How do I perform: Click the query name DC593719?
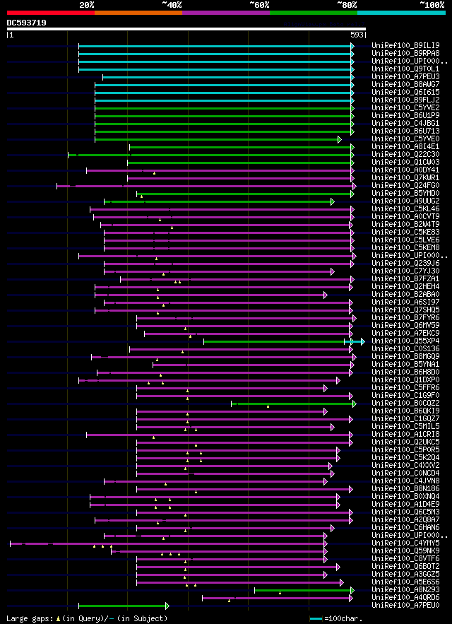click(x=27, y=23)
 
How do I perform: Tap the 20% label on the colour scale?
click(x=87, y=4)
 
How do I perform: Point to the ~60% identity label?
click(x=259, y=4)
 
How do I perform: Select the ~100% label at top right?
click(x=432, y=4)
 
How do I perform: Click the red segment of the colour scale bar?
click(x=50, y=12)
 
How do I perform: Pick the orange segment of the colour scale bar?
click(x=138, y=12)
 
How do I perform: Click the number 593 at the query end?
click(x=357, y=34)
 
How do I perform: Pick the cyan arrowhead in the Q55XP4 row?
click(x=360, y=341)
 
